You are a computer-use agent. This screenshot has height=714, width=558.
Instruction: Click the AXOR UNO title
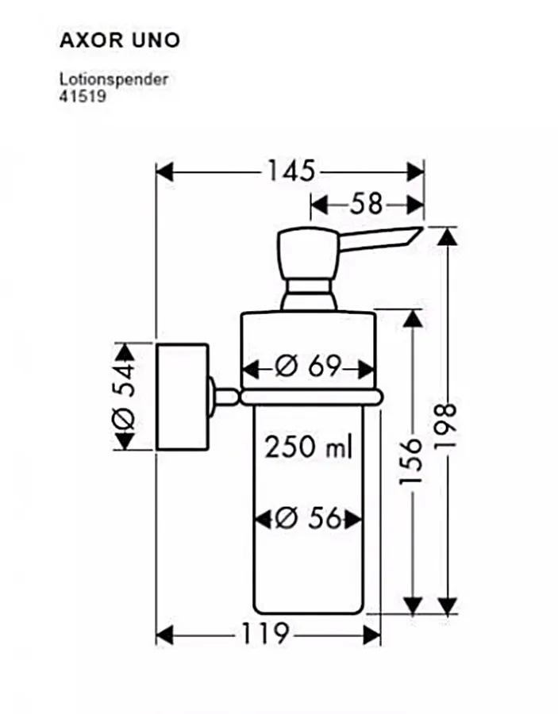click(120, 40)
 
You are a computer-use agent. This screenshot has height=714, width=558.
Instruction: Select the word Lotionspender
click(114, 79)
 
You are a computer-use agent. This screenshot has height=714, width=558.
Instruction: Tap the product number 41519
click(83, 96)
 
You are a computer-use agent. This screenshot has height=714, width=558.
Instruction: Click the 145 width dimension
click(291, 171)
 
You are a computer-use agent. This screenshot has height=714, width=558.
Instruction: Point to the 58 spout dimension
click(366, 205)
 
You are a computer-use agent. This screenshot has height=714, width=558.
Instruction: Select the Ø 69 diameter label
click(308, 366)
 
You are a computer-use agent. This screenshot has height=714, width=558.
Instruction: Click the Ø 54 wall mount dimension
click(124, 397)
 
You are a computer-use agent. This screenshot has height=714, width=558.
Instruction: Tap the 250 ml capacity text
click(309, 447)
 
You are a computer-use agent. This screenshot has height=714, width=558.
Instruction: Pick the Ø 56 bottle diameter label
click(308, 518)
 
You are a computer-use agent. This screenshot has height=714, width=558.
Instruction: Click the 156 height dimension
click(411, 462)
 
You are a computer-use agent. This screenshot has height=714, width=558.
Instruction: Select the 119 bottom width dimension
click(264, 633)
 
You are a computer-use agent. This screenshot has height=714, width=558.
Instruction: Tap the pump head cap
click(308, 253)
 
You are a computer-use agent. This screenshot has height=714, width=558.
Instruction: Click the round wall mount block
click(183, 397)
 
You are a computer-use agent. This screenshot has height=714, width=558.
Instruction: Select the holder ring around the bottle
click(311, 397)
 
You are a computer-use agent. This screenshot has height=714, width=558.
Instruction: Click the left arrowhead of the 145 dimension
click(165, 173)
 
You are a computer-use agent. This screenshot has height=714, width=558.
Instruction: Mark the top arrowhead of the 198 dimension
click(448, 236)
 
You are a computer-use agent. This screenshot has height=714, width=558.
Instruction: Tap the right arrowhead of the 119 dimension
click(371, 635)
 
